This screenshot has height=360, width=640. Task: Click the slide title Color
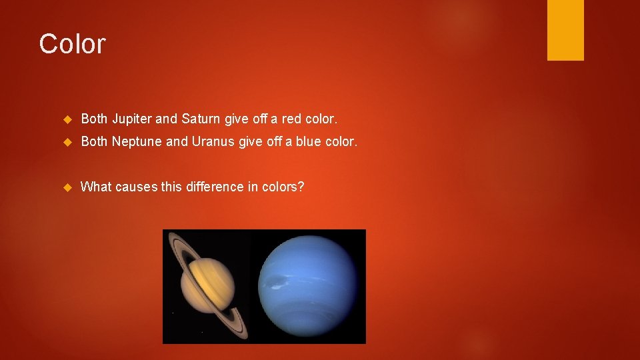[x=72, y=44]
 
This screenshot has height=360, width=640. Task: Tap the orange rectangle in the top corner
[x=565, y=30]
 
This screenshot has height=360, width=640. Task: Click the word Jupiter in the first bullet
[x=131, y=119]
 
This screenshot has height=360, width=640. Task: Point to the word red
[x=292, y=119]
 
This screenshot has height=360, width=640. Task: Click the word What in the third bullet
[x=96, y=187]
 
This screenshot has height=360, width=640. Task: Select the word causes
[x=137, y=187]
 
